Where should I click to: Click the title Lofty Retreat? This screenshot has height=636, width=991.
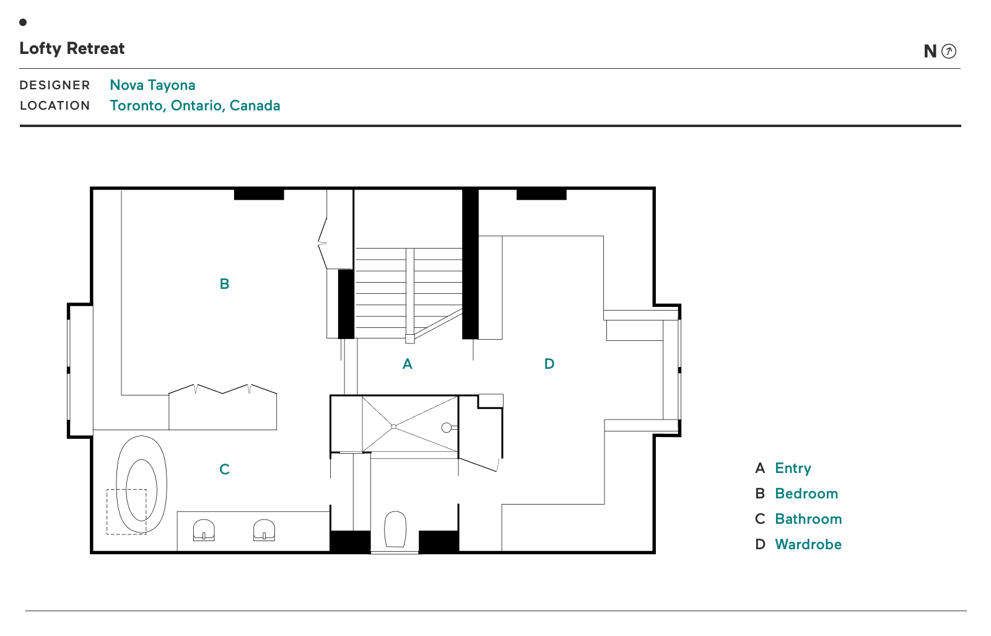(72, 48)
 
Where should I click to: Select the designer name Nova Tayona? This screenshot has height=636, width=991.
(152, 85)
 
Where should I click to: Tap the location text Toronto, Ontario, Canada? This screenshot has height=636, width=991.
(194, 105)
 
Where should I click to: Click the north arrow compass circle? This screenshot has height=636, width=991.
(948, 51)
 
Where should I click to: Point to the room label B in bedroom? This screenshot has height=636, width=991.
(224, 284)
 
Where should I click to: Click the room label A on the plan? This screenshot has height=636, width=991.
(407, 364)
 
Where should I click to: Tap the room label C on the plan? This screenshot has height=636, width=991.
(224, 469)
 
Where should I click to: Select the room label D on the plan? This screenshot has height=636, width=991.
(549, 364)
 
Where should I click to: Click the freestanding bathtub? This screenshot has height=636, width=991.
(142, 484)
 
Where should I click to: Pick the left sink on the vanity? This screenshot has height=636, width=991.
(204, 530)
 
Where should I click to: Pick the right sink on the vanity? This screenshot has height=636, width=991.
(264, 530)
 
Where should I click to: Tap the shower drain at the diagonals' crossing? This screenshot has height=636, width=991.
(394, 426)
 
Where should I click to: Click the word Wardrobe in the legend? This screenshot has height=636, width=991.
(808, 544)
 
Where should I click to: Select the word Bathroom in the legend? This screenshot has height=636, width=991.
(808, 519)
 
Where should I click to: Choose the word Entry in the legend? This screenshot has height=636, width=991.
(792, 468)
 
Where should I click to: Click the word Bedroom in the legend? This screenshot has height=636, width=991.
(806, 493)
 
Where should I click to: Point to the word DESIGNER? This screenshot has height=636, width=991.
(55, 85)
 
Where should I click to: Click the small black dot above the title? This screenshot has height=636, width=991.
(23, 22)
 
